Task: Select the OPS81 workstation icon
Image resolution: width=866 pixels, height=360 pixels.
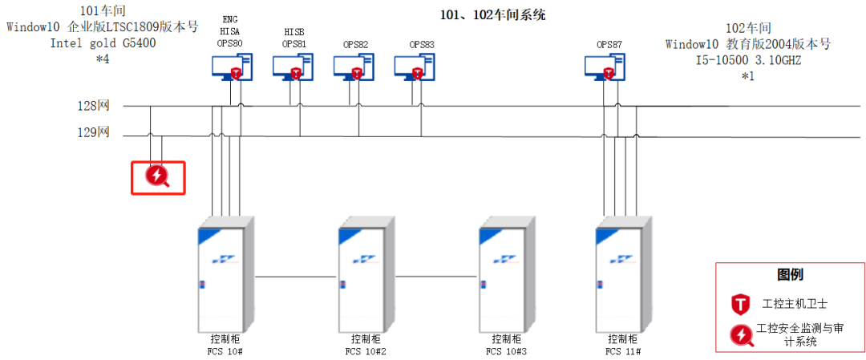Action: coord(293,67)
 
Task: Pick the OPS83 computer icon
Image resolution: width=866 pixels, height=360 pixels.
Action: coord(414,67)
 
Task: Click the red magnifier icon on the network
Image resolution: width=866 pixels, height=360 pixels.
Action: coord(158,177)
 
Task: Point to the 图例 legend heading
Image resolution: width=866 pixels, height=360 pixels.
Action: coord(790,274)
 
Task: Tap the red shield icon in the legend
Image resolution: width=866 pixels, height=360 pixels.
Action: coord(740,304)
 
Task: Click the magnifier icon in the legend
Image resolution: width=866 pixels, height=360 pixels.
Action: coord(740,335)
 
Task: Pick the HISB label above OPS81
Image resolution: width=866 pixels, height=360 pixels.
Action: coord(294,31)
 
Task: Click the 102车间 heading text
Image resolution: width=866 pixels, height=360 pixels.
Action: coord(748,28)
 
